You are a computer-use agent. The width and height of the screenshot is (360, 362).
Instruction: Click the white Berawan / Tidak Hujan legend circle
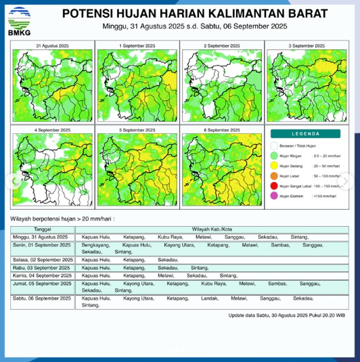(x=275, y=145)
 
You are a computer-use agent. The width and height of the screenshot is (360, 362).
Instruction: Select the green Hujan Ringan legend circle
(x=275, y=155)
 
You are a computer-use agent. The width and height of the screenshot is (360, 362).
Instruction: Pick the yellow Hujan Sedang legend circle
(x=275, y=165)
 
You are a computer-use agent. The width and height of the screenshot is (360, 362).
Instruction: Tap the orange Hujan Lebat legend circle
(x=275, y=175)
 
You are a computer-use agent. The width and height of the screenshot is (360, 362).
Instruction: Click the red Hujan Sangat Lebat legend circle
(x=275, y=185)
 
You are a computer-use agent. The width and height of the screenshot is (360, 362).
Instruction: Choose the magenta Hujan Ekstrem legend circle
(x=275, y=196)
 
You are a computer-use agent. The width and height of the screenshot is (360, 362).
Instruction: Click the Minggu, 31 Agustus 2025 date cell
(x=41, y=237)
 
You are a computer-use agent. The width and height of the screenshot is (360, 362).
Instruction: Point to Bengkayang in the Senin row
(x=94, y=245)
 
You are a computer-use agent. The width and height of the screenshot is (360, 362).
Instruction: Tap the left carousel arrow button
(x=11, y=181)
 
